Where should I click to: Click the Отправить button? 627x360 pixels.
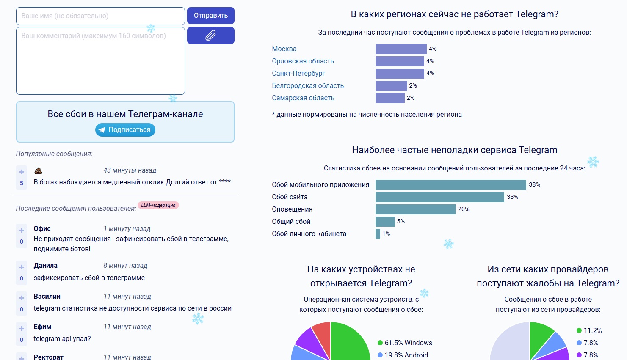tap(210, 16)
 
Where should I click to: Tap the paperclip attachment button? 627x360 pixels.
tap(210, 36)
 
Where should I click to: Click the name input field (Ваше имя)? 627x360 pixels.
tap(100, 16)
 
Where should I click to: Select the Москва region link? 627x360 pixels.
tap(284, 49)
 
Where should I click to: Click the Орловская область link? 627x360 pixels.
tap(303, 61)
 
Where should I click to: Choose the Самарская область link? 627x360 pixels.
tap(303, 98)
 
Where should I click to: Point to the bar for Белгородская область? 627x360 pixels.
tap(391, 86)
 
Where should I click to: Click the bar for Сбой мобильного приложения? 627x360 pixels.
tap(450, 185)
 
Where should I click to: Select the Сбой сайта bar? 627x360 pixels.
tap(439, 197)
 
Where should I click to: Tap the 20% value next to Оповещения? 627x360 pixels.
tap(464, 209)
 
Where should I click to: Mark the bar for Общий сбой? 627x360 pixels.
tap(385, 222)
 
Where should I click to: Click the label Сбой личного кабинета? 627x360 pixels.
tap(309, 234)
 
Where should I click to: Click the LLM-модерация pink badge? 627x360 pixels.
tap(158, 205)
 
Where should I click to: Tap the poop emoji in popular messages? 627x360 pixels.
tap(38, 171)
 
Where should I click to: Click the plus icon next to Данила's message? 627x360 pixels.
tap(22, 267)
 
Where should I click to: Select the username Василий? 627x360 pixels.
tap(47, 297)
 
